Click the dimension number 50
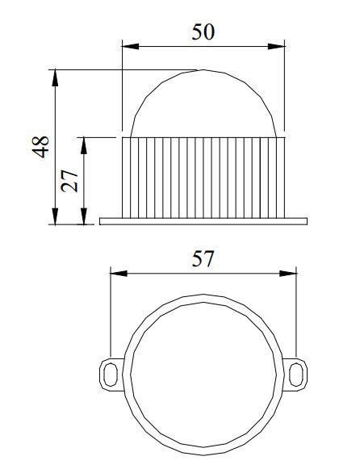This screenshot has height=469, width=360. click(203, 32)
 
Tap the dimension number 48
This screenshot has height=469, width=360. click(40, 147)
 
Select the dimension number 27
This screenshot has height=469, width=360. click(69, 181)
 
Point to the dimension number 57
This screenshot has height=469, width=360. click(203, 259)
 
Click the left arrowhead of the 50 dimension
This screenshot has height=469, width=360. click(131, 46)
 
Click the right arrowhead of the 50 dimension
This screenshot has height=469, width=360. click(276, 46)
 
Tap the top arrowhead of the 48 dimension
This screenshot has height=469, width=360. click(55, 78)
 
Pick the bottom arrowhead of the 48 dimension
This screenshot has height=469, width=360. click(55, 216)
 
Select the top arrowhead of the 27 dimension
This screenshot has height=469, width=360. click(84, 145)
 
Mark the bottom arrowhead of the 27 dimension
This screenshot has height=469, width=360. click(84, 216)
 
